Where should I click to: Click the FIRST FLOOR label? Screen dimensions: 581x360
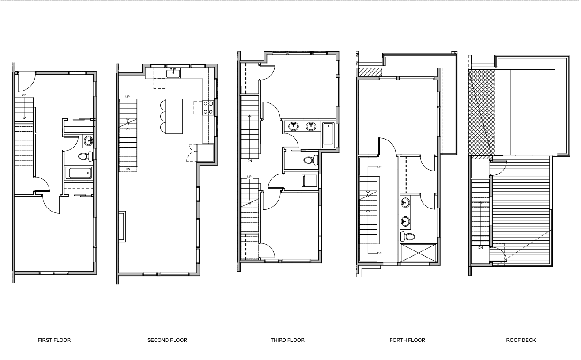tap(54, 340)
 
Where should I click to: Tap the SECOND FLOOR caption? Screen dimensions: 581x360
tap(167, 340)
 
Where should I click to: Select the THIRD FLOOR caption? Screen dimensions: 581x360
tap(288, 340)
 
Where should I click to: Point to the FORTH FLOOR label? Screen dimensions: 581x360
tap(407, 340)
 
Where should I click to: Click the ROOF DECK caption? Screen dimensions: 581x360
tap(521, 340)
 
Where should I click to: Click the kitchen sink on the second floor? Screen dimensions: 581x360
tap(173, 73)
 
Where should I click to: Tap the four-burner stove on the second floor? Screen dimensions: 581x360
tap(208, 108)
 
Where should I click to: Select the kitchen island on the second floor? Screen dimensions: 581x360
tap(174, 116)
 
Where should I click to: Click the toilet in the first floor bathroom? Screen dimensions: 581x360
tap(86, 156)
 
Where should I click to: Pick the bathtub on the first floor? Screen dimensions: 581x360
tap(79, 173)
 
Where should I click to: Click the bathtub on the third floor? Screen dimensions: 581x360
tap(328, 134)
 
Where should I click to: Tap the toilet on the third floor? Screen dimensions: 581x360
tap(311, 160)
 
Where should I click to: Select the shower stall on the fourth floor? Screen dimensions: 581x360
tap(419, 253)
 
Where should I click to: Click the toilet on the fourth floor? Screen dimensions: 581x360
tap(407, 236)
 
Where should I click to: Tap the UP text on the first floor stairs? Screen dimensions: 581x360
tap(23, 95)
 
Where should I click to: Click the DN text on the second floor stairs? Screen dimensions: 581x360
tap(128, 169)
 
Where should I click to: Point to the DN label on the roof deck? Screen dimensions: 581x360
tap(480, 248)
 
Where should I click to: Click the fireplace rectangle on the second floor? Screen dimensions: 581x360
tap(122, 227)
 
